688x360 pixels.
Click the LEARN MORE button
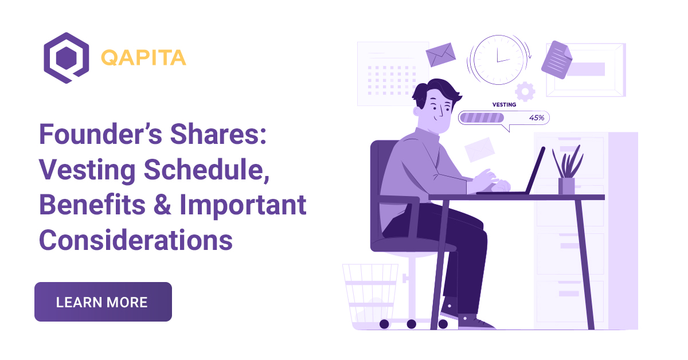coord(103,302)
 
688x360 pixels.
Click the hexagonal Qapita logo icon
coord(67,58)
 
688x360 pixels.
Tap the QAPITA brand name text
coord(143,58)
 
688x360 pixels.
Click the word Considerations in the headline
coord(136,240)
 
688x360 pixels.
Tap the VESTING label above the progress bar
coord(504,105)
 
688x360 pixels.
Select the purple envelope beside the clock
coord(440,54)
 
